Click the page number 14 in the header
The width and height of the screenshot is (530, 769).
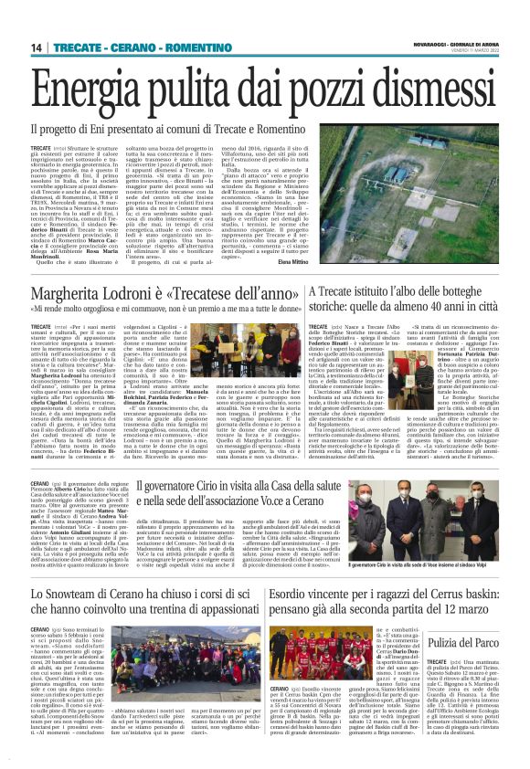[37, 47]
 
